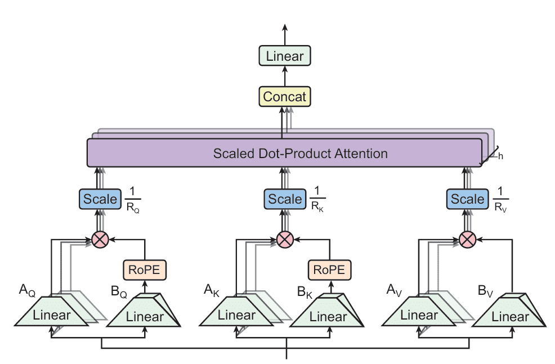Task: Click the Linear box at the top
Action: point(285,56)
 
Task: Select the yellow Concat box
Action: point(285,97)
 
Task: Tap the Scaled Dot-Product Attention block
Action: point(284,153)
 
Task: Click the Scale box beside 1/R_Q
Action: point(100,199)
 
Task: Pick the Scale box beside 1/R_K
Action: point(285,199)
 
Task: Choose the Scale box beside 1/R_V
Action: point(467,199)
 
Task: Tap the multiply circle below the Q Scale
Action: point(100,240)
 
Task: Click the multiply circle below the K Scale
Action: point(285,240)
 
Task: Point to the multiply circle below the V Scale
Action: point(467,240)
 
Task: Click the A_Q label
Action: point(27,291)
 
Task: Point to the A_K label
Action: point(212,291)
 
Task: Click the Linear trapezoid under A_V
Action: point(419,314)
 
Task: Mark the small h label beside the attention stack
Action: point(500,156)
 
